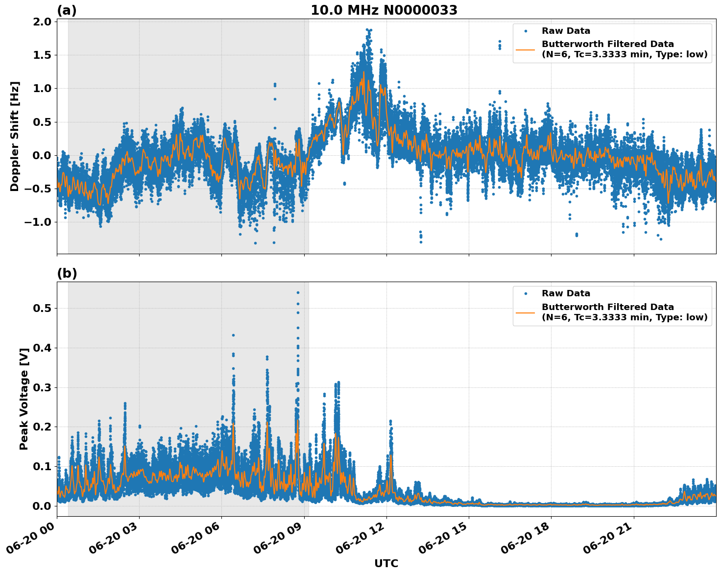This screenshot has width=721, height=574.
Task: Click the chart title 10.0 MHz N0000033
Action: click(384, 10)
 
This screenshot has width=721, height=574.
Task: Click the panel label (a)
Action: click(67, 10)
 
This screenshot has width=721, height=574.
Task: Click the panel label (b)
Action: click(67, 273)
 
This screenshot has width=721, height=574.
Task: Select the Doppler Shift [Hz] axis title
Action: click(15, 136)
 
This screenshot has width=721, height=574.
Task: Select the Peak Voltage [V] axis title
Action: click(24, 399)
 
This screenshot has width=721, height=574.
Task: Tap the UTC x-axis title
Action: click(386, 563)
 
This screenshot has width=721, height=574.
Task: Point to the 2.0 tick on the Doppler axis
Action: click(43, 22)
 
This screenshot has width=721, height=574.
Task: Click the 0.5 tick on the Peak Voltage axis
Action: click(43, 308)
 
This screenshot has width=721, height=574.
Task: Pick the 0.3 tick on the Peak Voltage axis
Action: click(43, 387)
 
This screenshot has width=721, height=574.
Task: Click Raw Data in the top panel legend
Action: click(566, 31)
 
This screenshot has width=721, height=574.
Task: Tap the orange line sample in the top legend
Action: click(526, 49)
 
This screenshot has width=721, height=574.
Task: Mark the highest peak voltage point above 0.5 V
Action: click(298, 292)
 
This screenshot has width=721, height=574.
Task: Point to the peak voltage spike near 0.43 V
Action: click(233, 335)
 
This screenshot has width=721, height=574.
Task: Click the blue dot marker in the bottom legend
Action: click(526, 293)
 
